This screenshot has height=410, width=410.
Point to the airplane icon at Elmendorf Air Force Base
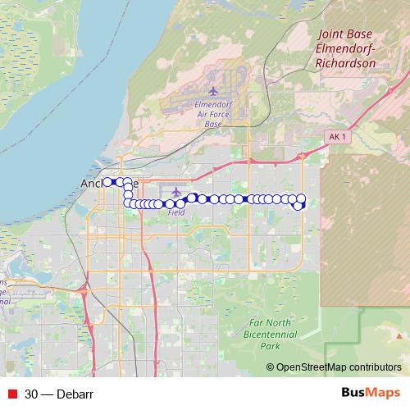[x=213, y=90]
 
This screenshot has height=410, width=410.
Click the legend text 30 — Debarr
[x=58, y=394]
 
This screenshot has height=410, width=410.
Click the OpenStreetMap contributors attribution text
[x=339, y=367]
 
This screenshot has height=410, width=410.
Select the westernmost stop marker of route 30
[x=107, y=181]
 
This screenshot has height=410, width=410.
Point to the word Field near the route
[x=175, y=212]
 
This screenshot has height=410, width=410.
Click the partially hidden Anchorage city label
[x=92, y=184]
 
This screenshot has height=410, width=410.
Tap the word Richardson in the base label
[x=345, y=61]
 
